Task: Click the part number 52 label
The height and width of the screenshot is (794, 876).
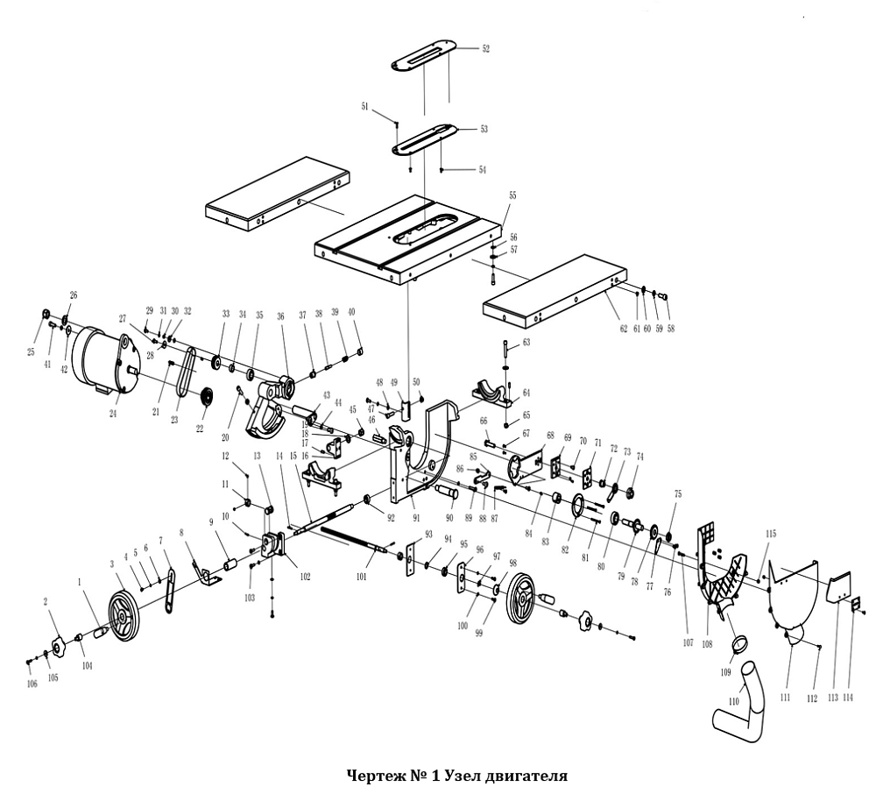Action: [x=485, y=50]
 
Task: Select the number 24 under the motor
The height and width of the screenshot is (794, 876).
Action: [x=113, y=414]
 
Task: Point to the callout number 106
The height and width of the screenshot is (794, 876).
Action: [x=32, y=684]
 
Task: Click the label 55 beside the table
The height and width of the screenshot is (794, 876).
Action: [x=512, y=195]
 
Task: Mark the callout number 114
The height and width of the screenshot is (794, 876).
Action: [x=846, y=698]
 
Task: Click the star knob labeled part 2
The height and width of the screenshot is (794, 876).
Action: [x=59, y=649]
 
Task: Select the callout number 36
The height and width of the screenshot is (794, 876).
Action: [x=281, y=316]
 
